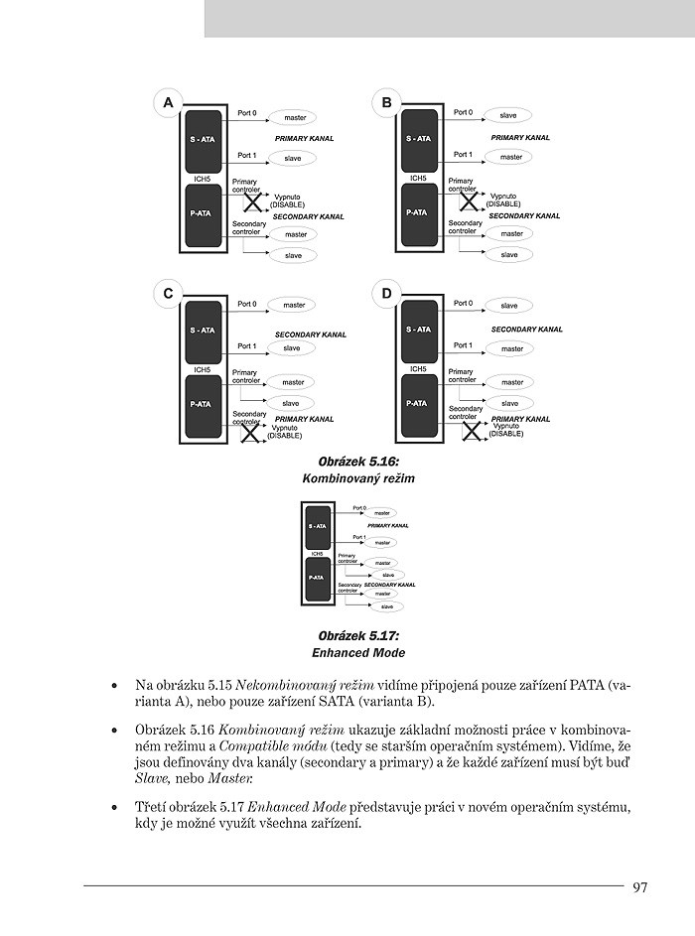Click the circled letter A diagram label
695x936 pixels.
tap(168, 102)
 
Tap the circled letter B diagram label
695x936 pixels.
tap(386, 102)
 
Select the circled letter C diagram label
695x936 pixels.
tap(168, 293)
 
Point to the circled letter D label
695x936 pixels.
tap(386, 293)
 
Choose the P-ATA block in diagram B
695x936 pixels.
tap(416, 211)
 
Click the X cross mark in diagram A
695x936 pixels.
tap(253, 202)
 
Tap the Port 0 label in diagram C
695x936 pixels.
tap(246, 304)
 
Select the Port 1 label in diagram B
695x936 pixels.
tap(463, 155)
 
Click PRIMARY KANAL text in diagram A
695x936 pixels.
tap(305, 138)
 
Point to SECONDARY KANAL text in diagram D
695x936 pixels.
tap(526, 330)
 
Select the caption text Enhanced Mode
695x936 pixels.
tap(357, 653)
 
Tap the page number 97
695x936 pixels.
tap(639, 887)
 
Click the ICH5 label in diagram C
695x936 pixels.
tap(202, 369)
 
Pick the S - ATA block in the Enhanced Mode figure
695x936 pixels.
tap(317, 526)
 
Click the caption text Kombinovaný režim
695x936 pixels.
tap(357, 478)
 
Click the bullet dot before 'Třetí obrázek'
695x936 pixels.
tap(116, 807)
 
